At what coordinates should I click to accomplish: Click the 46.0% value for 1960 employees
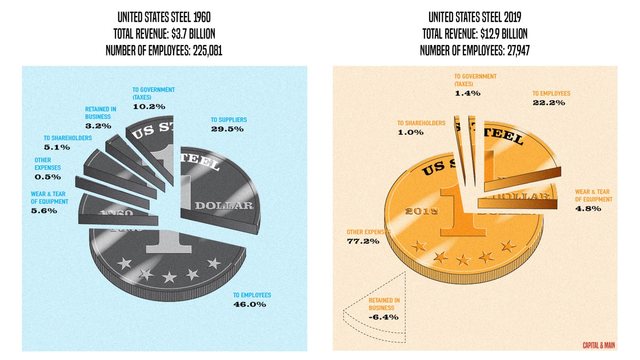(x=249, y=304)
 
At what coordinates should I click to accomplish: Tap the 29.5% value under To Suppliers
(x=227, y=129)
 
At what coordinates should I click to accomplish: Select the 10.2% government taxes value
(x=149, y=107)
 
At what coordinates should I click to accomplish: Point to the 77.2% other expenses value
(x=363, y=241)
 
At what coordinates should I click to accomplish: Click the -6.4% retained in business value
(x=383, y=317)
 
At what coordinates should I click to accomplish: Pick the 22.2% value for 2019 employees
(x=549, y=103)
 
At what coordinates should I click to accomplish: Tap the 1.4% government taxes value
(x=467, y=93)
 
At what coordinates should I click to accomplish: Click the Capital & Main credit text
(x=599, y=345)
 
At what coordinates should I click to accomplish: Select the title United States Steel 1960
(x=164, y=18)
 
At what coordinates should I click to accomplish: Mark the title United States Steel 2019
(x=475, y=18)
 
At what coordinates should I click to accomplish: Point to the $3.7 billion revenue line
(x=164, y=34)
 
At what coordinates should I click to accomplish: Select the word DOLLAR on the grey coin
(x=224, y=206)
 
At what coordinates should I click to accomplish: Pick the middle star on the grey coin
(x=169, y=278)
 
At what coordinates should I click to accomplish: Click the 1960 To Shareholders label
(x=68, y=138)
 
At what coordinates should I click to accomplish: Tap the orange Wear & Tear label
(x=594, y=196)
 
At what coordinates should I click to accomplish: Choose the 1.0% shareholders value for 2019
(x=411, y=132)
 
